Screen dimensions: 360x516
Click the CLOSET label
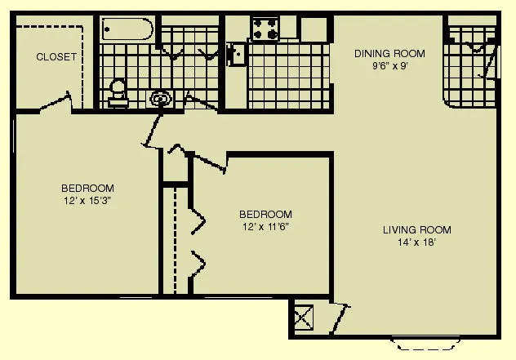56,57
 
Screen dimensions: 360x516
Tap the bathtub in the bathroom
127,31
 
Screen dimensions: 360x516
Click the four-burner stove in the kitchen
265,29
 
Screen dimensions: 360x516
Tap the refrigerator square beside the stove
313,29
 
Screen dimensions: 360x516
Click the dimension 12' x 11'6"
266,226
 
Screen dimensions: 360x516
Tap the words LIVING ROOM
416,229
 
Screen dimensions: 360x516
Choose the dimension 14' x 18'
416,242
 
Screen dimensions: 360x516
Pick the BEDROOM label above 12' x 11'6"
266,214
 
